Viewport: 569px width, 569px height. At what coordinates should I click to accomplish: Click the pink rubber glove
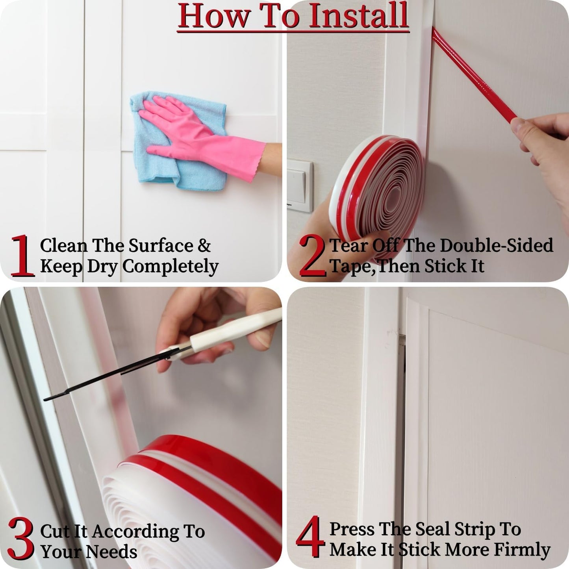[197, 134]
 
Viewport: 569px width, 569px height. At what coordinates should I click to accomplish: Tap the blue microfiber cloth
[158, 165]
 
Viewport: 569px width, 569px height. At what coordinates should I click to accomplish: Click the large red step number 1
[22, 256]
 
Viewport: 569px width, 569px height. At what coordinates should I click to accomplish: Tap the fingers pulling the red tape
[543, 138]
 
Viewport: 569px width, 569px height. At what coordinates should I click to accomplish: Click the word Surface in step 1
[161, 246]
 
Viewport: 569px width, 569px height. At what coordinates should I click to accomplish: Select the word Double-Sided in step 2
[496, 246]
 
